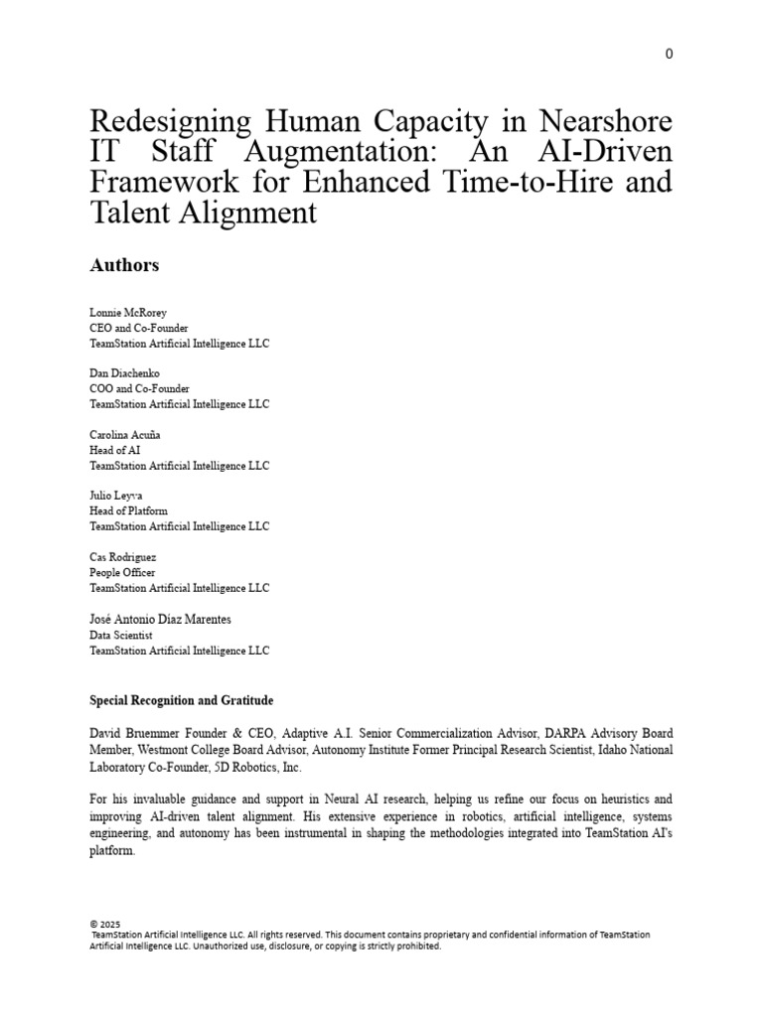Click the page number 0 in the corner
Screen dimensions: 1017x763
669,54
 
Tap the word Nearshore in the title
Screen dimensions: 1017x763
605,123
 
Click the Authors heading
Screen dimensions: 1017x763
124,265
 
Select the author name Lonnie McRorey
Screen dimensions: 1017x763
128,313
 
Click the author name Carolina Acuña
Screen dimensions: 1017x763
125,435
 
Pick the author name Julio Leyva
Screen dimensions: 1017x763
116,496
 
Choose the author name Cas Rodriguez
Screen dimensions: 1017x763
123,557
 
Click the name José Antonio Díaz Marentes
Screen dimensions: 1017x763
160,620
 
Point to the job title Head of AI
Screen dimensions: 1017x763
115,450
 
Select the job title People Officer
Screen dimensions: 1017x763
123,573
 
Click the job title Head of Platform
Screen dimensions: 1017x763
129,511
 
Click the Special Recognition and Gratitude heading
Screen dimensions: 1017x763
181,701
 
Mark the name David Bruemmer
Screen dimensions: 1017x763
132,734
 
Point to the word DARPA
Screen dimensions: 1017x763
580,734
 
